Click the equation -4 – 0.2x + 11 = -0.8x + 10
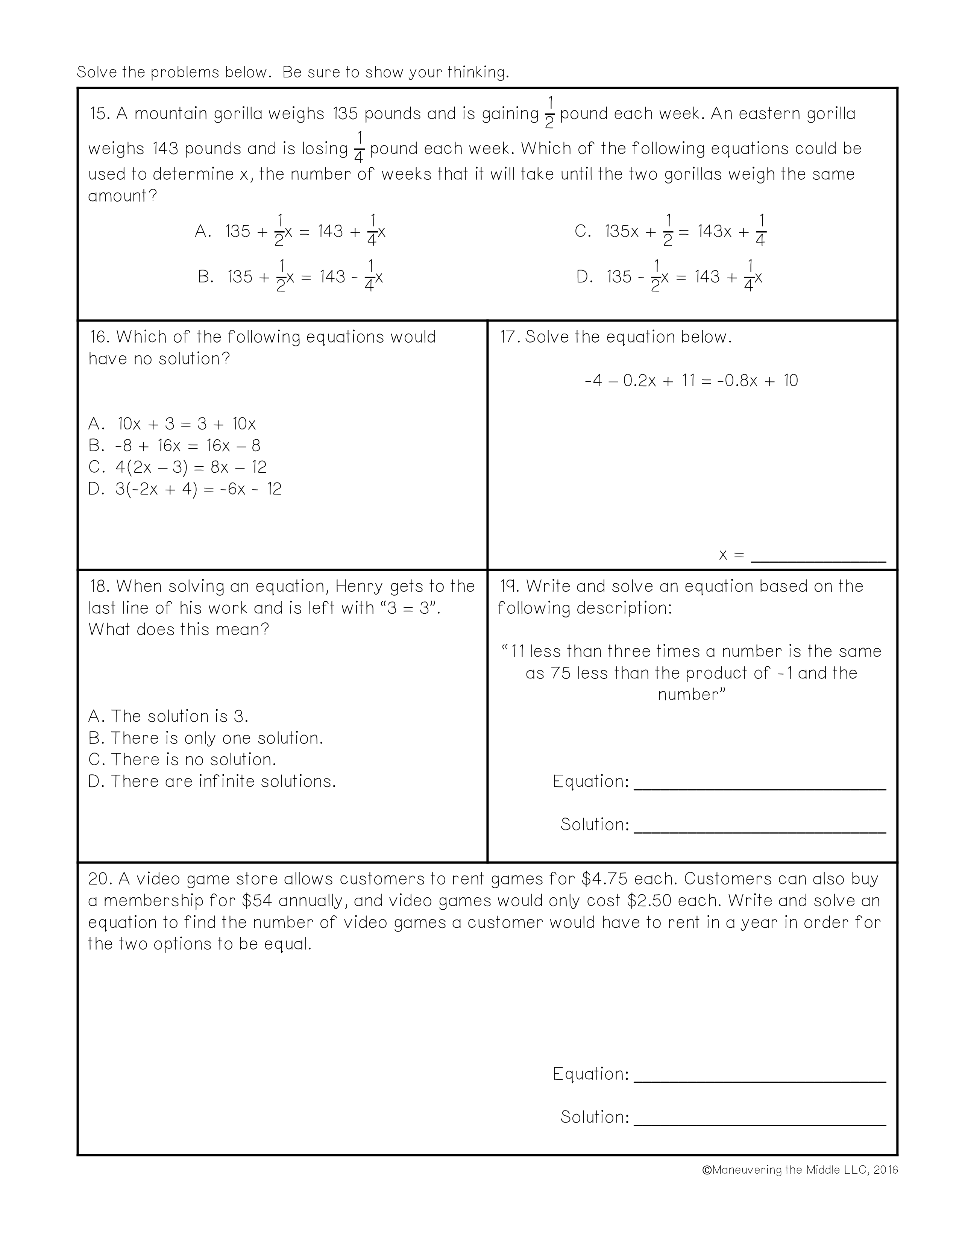pos(691,381)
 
